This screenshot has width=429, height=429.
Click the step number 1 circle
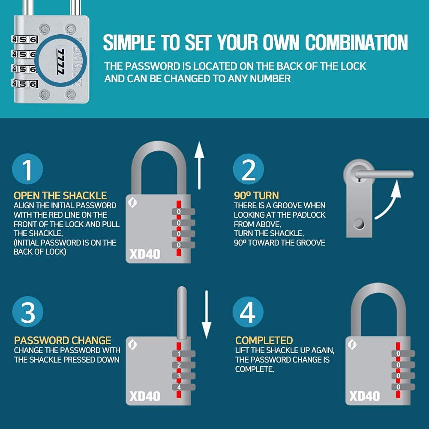point(28,169)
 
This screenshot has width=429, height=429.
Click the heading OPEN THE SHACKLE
point(60,196)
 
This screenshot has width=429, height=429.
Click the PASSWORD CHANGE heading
point(63,341)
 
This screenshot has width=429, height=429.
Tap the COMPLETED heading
point(264,341)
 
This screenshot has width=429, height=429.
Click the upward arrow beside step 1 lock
point(199,166)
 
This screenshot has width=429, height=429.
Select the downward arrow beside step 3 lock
point(207,314)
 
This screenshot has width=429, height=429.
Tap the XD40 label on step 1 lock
point(145,254)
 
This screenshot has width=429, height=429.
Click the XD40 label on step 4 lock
point(364,396)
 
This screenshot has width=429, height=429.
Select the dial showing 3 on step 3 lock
point(180,376)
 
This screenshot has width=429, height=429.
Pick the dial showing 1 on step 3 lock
point(180,354)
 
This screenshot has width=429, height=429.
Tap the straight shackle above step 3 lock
point(180,313)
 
